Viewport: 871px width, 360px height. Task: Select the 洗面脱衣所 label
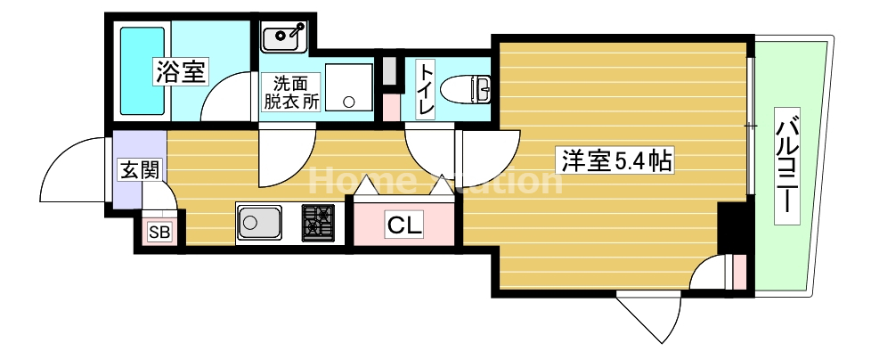(x=290, y=92)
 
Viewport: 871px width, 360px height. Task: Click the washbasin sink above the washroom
(x=284, y=37)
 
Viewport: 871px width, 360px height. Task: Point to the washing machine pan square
(x=348, y=86)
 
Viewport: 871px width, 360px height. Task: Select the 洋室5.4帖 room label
(x=615, y=161)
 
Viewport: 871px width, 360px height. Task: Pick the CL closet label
(x=405, y=225)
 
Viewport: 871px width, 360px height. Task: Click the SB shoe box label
(x=161, y=233)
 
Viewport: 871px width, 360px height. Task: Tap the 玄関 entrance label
(x=138, y=168)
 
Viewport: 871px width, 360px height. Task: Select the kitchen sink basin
(x=259, y=222)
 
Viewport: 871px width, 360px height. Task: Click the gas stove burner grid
(x=318, y=222)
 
